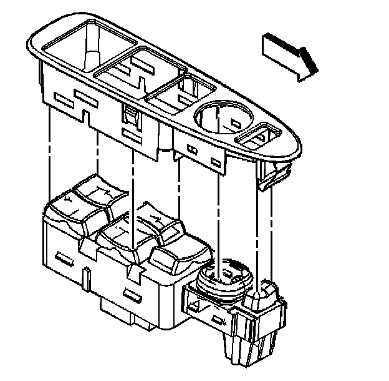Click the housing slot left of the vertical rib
coord(64,257)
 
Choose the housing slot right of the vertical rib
coord(133,294)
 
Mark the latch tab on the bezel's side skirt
coord(131,116)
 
